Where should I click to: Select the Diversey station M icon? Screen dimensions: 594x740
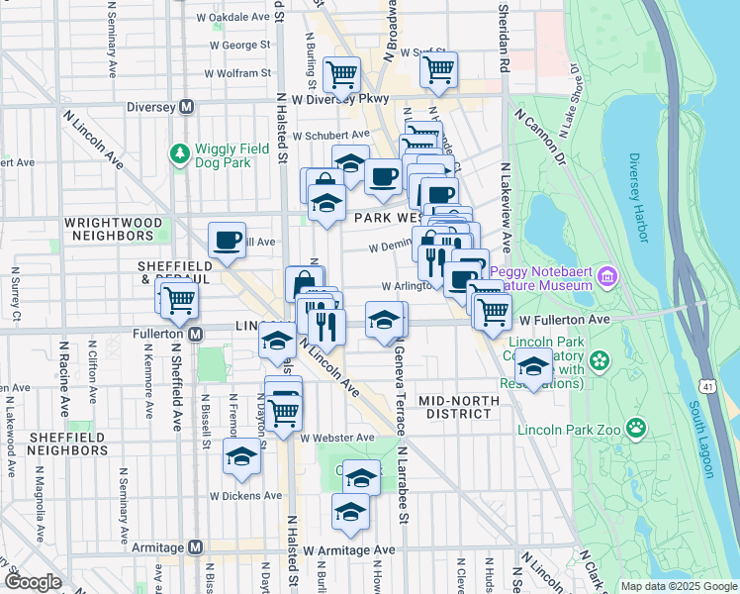[184, 109]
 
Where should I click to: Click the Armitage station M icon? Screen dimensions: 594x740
[195, 547]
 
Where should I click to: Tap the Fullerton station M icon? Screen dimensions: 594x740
[196, 335]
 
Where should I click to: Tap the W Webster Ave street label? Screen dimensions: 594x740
[337, 438]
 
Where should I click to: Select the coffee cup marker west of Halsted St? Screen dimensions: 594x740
[228, 239]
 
